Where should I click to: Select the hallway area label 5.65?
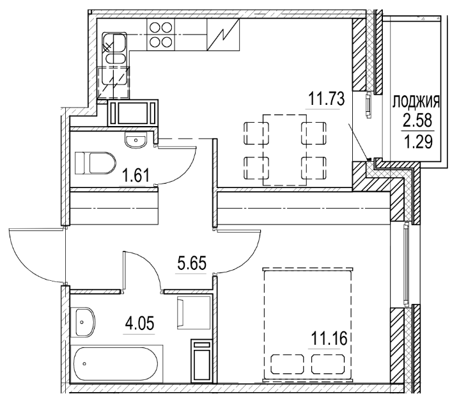coord(191,264)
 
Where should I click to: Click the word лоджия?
coord(415,101)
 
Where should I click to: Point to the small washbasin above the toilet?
coord(136,139)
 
